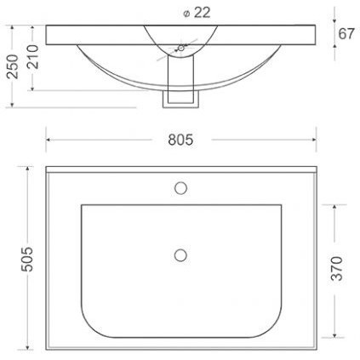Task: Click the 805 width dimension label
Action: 180,140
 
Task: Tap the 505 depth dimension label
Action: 27,259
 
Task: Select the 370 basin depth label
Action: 337,268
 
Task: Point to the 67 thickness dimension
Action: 346,34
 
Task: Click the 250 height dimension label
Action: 13,66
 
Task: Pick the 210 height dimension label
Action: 32,57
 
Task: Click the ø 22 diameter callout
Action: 197,13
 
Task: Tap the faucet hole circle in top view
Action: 180,188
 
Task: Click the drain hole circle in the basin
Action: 180,255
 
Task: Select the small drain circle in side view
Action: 181,48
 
